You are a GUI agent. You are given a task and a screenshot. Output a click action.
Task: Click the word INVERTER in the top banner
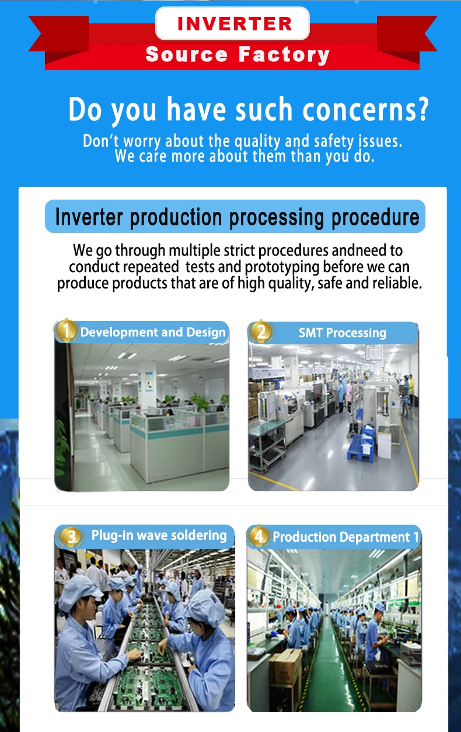click(x=234, y=23)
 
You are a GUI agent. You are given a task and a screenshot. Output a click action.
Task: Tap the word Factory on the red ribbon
click(x=284, y=54)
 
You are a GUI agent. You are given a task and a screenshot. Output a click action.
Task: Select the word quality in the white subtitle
click(x=257, y=141)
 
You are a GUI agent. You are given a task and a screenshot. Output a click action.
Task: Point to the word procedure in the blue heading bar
click(x=375, y=218)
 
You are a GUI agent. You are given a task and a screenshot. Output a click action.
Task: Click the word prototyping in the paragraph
click(x=282, y=267)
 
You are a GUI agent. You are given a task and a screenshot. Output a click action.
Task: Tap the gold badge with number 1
click(x=66, y=330)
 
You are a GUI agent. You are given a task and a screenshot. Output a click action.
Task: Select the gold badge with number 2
click(x=261, y=332)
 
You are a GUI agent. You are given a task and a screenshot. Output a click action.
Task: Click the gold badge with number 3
click(x=71, y=536)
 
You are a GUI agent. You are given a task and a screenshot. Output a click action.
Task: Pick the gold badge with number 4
click(x=259, y=536)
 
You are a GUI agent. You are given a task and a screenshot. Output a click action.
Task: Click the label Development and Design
click(x=153, y=332)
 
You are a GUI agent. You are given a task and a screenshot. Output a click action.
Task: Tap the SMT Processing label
click(x=343, y=333)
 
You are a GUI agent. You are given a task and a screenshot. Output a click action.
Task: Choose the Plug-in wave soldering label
click(x=159, y=535)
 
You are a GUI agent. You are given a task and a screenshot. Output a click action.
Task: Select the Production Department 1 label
click(x=345, y=537)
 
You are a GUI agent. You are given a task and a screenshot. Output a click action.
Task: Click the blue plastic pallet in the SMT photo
click(x=361, y=445)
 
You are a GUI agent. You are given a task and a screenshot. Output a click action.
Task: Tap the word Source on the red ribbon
click(x=186, y=54)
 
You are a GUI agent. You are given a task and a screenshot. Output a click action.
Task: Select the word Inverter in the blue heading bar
click(x=89, y=217)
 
